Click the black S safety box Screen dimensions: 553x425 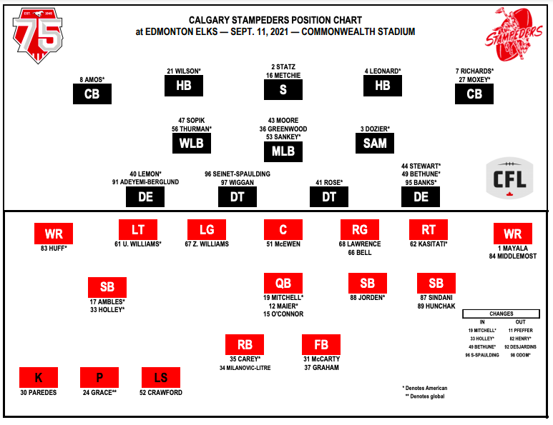click(x=283, y=90)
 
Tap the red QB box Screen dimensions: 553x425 click(x=283, y=283)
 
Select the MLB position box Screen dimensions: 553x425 click(x=283, y=151)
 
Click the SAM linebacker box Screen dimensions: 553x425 click(x=375, y=144)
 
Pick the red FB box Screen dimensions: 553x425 click(x=321, y=345)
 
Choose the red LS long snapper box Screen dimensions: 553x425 click(x=161, y=377)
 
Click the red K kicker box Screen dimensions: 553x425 click(x=39, y=377)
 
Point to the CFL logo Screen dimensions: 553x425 click(x=509, y=178)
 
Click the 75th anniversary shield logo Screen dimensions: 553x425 click(x=38, y=36)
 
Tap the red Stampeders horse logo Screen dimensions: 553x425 click(x=514, y=34)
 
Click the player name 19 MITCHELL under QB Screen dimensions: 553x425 click(x=283, y=298)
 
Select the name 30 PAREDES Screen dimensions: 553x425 click(x=39, y=393)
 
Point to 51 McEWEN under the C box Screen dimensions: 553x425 click(x=283, y=244)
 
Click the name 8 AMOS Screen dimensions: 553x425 click(x=92, y=79)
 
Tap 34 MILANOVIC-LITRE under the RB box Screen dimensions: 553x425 click(x=245, y=368)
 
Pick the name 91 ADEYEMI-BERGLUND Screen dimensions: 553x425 click(x=145, y=182)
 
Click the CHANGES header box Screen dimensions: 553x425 click(x=501, y=314)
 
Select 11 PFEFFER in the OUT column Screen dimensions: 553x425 click(x=521, y=331)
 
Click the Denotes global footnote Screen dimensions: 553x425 click(x=425, y=396)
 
